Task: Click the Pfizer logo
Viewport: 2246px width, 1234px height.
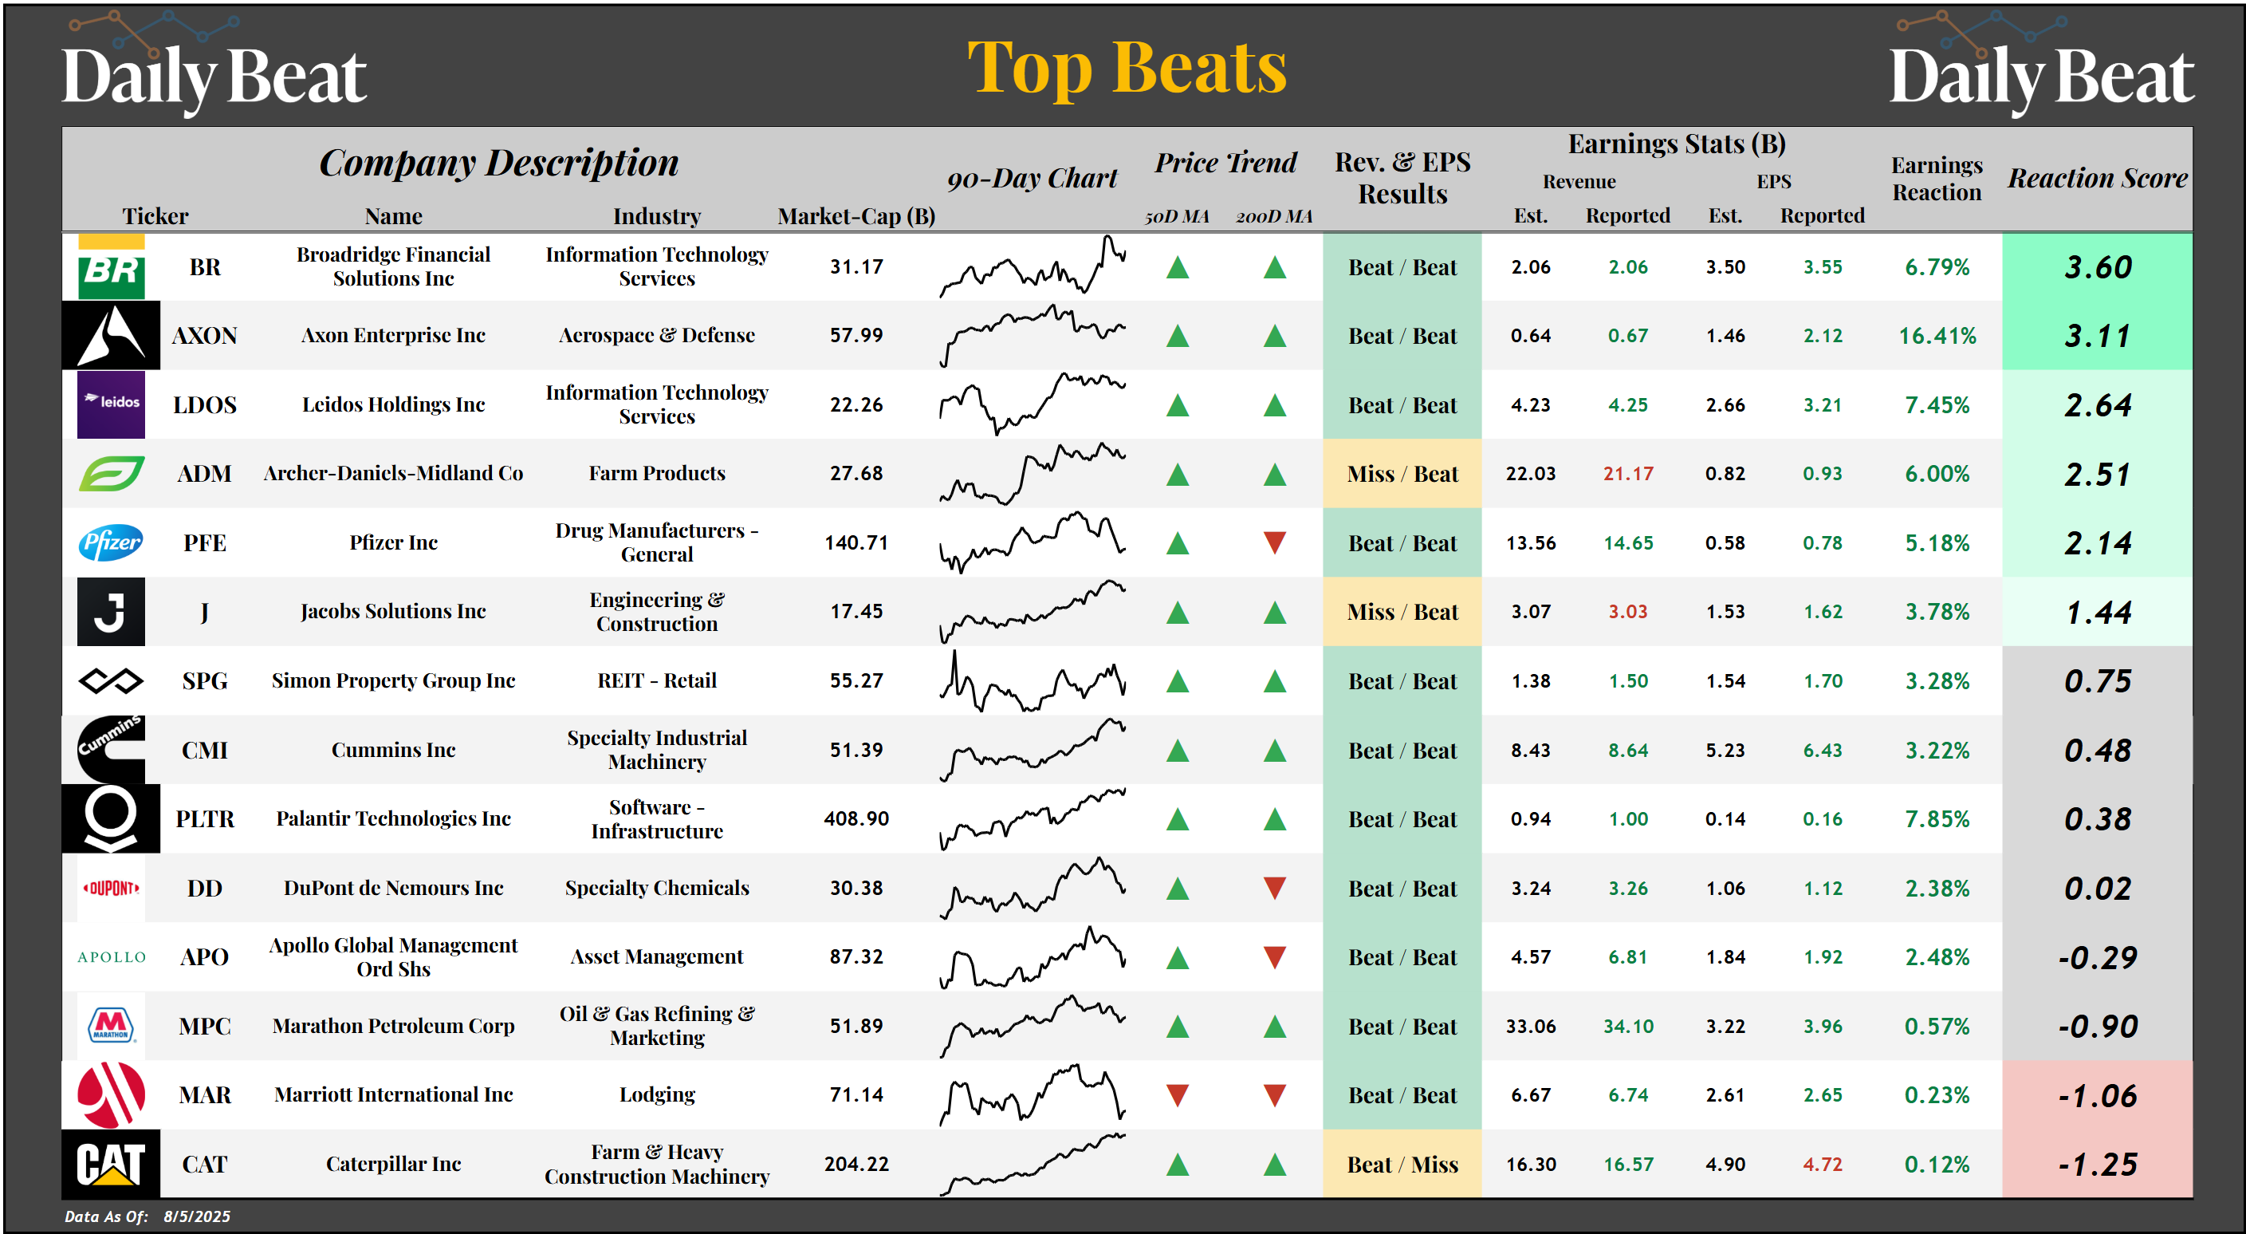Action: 111,542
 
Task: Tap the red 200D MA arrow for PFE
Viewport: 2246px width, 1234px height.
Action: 1274,542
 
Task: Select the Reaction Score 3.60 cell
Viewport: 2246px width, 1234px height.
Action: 2097,267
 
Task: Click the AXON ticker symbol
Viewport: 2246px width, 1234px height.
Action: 204,336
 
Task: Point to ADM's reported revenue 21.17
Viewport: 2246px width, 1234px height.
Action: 1627,474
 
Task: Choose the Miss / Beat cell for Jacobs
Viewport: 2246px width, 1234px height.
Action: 1401,612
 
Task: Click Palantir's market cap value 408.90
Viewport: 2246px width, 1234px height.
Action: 856,819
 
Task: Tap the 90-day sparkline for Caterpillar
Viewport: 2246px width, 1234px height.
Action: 1032,1165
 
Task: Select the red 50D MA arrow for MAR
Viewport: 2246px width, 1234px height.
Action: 1177,1095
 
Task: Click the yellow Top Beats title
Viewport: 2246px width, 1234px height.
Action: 1127,68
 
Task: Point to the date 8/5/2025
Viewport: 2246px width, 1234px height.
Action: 197,1216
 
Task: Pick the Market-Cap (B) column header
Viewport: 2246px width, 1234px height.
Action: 856,216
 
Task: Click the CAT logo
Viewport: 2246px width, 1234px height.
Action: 111,1165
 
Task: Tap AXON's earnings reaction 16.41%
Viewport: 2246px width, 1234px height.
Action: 1937,336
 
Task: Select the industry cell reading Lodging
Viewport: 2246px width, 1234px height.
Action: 656,1095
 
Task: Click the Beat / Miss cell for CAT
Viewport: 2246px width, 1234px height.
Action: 1401,1165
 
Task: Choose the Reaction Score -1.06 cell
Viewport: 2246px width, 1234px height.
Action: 2097,1095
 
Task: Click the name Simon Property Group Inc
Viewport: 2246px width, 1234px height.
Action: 393,681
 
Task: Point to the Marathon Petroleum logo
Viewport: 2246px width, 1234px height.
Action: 111,1027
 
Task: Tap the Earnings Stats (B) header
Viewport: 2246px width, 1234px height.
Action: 1676,144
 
